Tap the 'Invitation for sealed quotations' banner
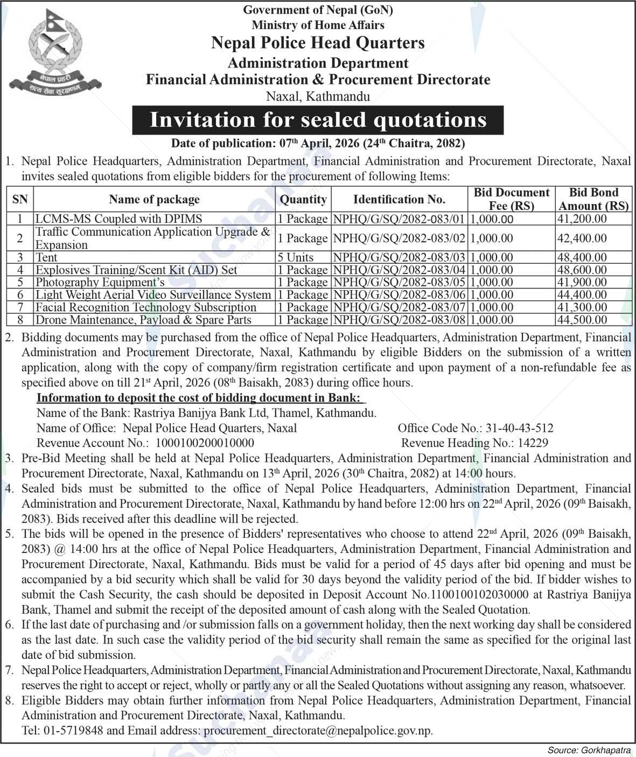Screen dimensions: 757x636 tap(318, 120)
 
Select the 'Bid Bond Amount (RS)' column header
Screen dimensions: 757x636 tap(593, 199)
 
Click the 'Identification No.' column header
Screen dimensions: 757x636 tap(399, 199)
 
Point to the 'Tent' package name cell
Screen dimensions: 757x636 tap(46, 257)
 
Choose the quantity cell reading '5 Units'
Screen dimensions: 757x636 tap(296, 257)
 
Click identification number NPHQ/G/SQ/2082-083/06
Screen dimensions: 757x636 tap(399, 295)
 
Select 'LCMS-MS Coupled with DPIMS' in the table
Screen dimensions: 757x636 tap(118, 219)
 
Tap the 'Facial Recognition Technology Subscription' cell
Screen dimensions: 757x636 tap(145, 307)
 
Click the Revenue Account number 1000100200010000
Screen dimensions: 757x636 tap(205, 443)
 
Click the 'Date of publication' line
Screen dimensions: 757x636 tap(318, 143)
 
